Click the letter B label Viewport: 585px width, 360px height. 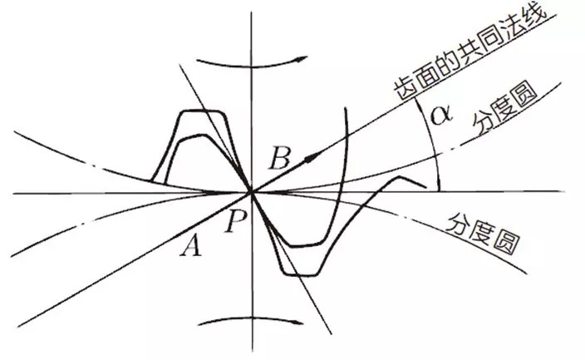click(280, 158)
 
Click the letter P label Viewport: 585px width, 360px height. click(235, 220)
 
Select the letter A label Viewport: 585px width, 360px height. click(191, 245)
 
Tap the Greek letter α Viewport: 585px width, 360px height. click(441, 115)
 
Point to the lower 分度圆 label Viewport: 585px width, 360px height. click(482, 234)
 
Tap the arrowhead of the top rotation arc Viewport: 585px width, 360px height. click(302, 58)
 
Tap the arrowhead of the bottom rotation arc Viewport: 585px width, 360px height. click(298, 323)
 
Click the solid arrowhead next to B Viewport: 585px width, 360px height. click(312, 158)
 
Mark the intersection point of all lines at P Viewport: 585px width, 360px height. click(252, 193)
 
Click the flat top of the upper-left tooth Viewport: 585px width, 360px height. click(201, 111)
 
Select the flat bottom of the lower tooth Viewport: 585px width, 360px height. click(302, 275)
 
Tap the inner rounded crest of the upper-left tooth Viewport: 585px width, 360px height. click(194, 136)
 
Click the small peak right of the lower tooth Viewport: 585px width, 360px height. click(399, 177)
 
